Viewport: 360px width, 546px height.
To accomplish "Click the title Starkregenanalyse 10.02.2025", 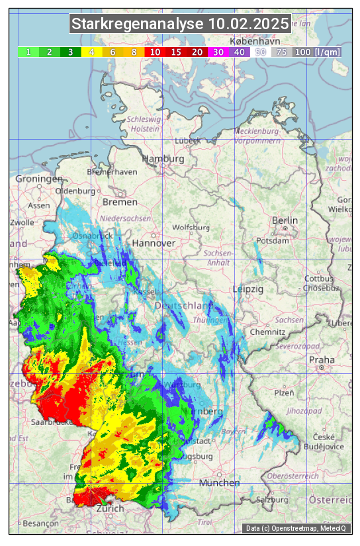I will pyautogui.click(x=180, y=25).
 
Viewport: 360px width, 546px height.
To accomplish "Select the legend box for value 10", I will pyautogui.click(x=155, y=52).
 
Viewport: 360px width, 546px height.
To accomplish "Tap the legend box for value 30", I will pyautogui.click(x=218, y=52).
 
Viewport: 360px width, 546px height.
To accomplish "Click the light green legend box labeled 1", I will pyautogui.click(x=28, y=52).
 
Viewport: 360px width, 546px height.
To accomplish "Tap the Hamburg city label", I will pyautogui.click(x=163, y=159).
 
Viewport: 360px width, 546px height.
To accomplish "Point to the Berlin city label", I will pyautogui.click(x=285, y=220).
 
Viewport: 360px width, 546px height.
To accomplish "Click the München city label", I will pyautogui.click(x=220, y=483).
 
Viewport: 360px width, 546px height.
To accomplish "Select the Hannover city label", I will pyautogui.click(x=154, y=244).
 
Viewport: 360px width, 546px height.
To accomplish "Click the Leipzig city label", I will pyautogui.click(x=248, y=290).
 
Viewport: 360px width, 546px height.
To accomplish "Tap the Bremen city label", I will pyautogui.click(x=120, y=202).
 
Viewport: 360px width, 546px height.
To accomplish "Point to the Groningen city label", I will pyautogui.click(x=39, y=179).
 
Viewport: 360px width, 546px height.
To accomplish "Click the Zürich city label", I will pyautogui.click(x=110, y=509).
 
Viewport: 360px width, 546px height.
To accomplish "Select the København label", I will pyautogui.click(x=249, y=41).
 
